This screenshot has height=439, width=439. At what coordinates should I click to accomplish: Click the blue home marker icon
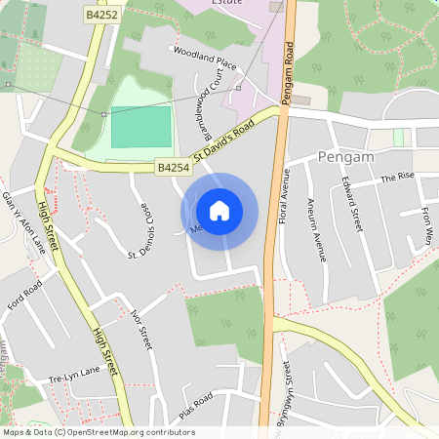click(x=219, y=210)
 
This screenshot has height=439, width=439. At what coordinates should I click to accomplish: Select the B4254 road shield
click(x=173, y=168)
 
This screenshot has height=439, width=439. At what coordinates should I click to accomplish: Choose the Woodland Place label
click(x=205, y=58)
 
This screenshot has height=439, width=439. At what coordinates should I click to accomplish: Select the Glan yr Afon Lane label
click(x=22, y=219)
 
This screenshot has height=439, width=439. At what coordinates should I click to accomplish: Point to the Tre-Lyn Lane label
click(x=75, y=375)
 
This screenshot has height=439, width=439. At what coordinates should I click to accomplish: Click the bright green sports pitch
click(x=140, y=128)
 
